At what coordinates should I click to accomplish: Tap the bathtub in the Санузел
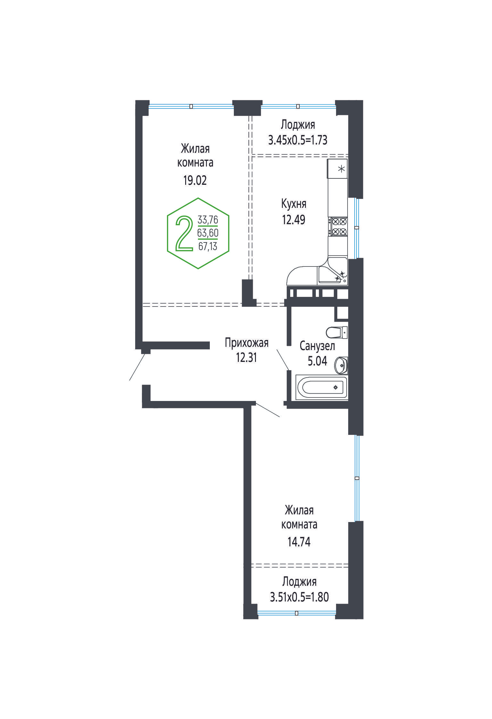point(322,388)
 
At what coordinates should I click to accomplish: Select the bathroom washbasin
point(341,365)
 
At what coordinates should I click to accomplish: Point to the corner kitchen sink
point(332,270)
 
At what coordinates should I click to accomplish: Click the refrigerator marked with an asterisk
point(337,168)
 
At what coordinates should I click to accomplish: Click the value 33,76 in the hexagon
point(208,220)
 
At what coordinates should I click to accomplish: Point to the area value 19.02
point(195,181)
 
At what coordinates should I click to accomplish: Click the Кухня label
point(293,204)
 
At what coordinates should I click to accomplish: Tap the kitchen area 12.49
point(293,220)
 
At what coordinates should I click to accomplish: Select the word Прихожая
point(246,343)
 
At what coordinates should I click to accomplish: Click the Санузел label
point(317,346)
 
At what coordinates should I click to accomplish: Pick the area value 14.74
point(299,542)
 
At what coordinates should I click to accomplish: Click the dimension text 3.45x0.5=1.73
point(298,140)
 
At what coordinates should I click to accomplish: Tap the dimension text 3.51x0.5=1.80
point(299,597)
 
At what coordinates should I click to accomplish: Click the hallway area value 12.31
point(246,357)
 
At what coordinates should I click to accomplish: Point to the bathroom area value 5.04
point(317,361)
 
